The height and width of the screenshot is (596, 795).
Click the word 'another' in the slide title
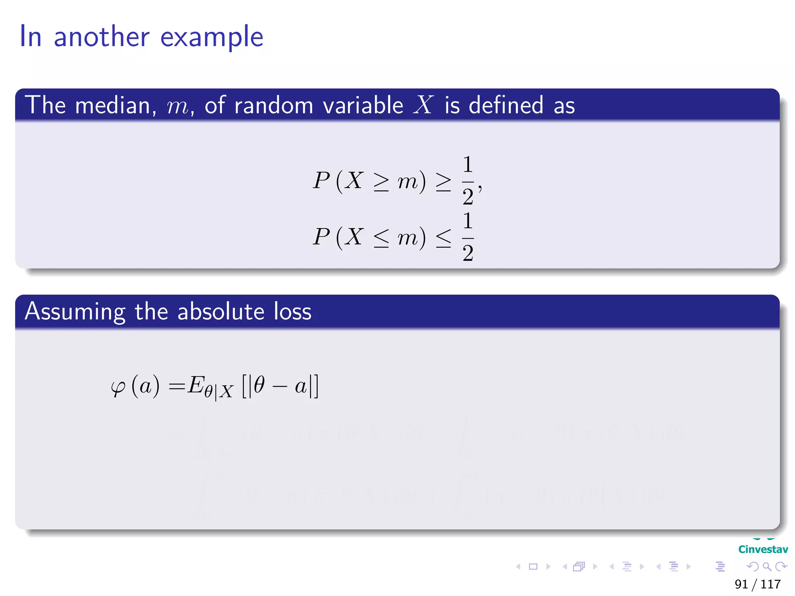point(101,37)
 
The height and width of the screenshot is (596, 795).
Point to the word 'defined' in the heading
point(506,105)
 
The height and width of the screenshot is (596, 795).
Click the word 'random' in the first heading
point(273,105)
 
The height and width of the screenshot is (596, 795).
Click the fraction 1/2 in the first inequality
point(468,180)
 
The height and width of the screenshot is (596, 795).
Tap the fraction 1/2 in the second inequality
point(468,237)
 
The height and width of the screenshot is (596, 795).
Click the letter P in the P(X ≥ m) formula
point(321,180)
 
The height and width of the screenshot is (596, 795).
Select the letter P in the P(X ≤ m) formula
point(321,237)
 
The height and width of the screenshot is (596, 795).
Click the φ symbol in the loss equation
point(118,387)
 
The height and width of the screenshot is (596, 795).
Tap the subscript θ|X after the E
point(219,391)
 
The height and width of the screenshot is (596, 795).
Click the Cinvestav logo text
point(763,549)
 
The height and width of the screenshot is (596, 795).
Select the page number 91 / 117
point(757,584)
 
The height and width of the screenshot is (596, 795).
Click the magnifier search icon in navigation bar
point(767,567)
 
